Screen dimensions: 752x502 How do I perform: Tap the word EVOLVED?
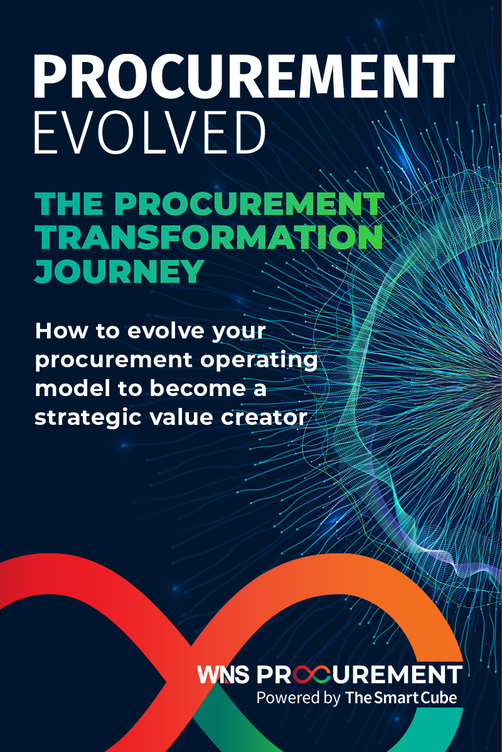[150, 134]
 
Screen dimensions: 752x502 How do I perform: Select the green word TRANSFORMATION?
[208, 238]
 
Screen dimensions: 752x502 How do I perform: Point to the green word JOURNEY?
[119, 271]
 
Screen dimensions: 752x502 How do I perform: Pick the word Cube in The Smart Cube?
[439, 697]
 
